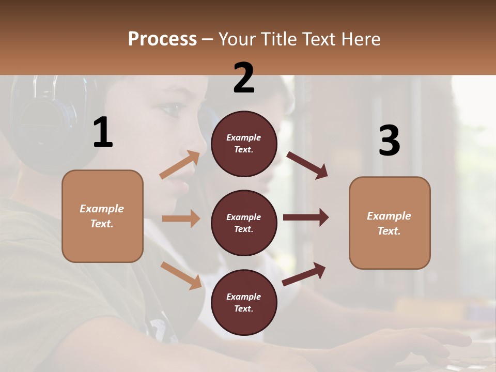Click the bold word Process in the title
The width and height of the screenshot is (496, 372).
pos(162,39)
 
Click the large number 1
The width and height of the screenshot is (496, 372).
pos(103,132)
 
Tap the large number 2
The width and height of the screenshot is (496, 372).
pos(244,78)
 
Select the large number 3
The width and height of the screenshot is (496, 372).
pos(389,141)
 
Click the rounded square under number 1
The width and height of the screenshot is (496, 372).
pos(102,216)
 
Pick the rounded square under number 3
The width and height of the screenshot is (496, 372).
pos(390,223)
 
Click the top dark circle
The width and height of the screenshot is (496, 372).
pos(244,144)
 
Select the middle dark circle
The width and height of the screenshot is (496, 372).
pos(244,223)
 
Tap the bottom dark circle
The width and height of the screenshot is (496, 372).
pos(244,302)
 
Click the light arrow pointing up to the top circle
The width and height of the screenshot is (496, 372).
pos(180,165)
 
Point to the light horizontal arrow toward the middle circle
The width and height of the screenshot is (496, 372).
pos(181,219)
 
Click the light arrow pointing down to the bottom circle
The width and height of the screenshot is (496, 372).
pos(181,275)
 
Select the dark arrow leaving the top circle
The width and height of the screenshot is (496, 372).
pos(307,165)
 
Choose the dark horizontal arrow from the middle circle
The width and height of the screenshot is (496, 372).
pos(306,218)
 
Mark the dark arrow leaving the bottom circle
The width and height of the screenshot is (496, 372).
pos(304,274)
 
